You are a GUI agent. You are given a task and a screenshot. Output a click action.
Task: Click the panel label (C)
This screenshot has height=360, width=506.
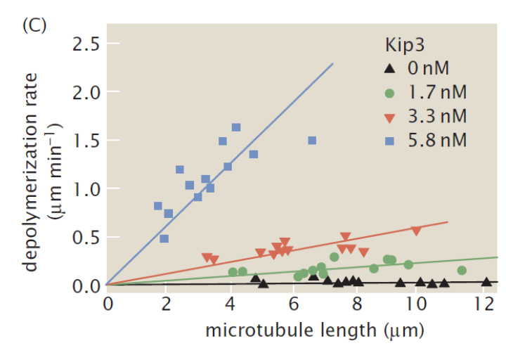tap(34, 25)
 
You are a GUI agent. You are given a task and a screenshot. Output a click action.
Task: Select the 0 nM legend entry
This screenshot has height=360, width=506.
tap(427, 69)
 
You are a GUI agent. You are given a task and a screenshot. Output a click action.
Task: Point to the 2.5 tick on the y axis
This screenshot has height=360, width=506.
tap(84, 44)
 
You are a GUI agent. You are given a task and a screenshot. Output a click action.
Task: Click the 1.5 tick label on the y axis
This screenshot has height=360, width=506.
tap(84, 141)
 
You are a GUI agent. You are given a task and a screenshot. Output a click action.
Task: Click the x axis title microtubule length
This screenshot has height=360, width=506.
tap(315, 330)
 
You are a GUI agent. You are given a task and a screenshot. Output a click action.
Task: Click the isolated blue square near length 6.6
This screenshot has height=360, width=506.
tap(312, 141)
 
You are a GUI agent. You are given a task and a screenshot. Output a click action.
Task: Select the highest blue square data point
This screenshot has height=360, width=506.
tap(236, 127)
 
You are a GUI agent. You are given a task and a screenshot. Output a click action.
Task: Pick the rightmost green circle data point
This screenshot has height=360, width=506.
tap(462, 271)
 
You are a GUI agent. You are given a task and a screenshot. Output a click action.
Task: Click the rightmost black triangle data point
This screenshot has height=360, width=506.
tap(486, 282)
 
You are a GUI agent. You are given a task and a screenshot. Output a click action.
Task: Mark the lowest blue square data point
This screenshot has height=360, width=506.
tap(164, 238)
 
